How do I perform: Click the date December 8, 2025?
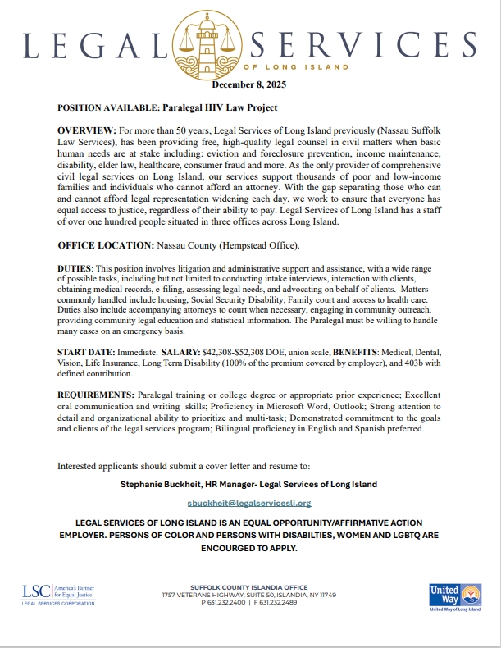[250, 84]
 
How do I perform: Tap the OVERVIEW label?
[87, 131]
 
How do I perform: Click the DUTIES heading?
[74, 269]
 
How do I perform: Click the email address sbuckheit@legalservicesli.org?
[249, 502]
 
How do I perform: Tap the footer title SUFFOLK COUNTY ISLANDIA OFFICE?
[249, 587]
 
